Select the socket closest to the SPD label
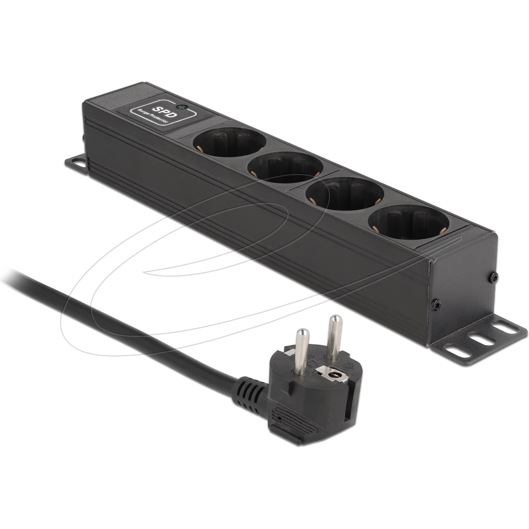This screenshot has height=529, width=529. tap(229, 143)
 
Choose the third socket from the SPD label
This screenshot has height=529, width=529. tap(344, 193)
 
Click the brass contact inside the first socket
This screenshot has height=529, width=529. tap(199, 147)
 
